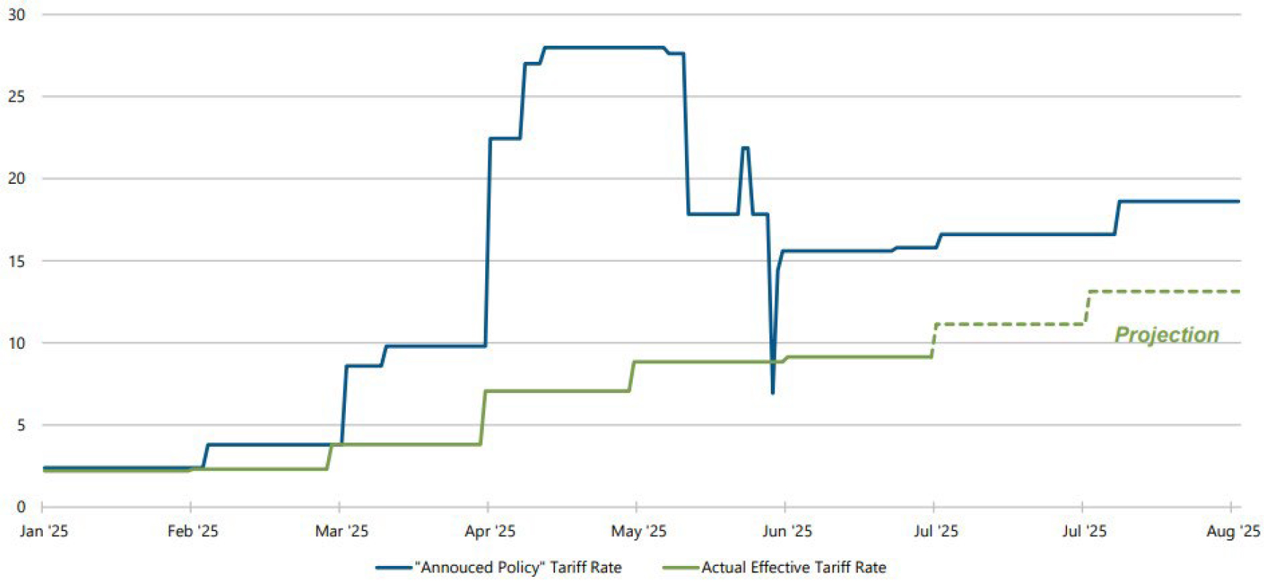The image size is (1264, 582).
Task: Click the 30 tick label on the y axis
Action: (16, 15)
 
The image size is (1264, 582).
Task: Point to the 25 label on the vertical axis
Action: (16, 97)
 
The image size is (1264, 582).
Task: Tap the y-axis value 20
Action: (16, 179)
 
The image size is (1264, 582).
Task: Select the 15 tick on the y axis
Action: (16, 261)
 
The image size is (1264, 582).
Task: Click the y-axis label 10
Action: (16, 343)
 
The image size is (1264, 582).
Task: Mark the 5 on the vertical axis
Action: (21, 425)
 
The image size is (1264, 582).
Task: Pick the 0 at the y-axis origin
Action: (21, 506)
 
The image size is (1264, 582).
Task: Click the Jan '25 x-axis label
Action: (44, 531)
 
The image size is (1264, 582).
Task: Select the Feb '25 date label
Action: (193, 531)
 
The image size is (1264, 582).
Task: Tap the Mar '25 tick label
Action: (341, 531)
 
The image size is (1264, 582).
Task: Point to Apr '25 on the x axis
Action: (490, 531)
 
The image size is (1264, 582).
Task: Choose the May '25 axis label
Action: (639, 531)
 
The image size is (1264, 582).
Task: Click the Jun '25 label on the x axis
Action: (787, 531)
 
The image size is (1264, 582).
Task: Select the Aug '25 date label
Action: (1233, 531)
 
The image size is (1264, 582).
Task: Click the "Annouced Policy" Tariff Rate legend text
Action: (518, 567)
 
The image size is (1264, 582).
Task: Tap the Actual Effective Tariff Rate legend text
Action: (794, 567)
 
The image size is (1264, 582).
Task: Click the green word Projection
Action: (1167, 334)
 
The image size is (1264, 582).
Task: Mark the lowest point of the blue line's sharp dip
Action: (772, 393)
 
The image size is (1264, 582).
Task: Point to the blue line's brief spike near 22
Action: (745, 148)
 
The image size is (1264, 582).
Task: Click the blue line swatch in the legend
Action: (394, 567)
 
